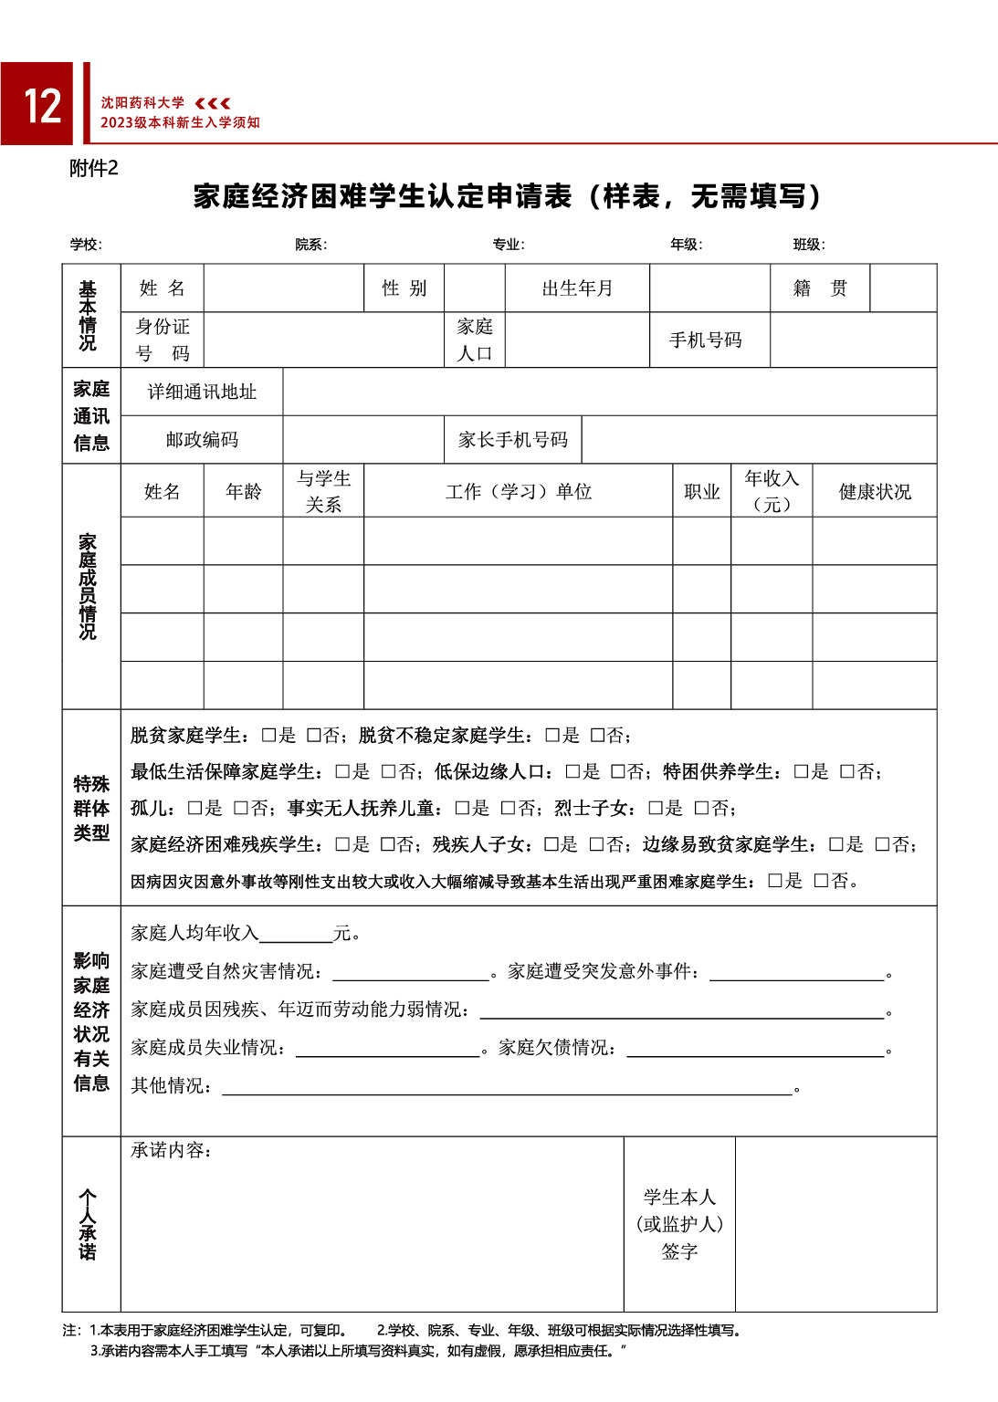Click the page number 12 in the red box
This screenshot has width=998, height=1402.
pyautogui.click(x=42, y=106)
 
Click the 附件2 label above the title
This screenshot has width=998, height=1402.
pyautogui.click(x=93, y=169)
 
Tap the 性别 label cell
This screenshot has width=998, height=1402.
pyautogui.click(x=404, y=288)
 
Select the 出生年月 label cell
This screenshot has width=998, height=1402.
pyautogui.click(x=577, y=288)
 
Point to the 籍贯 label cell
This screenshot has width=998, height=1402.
pyautogui.click(x=820, y=288)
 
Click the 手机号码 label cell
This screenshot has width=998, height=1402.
pyautogui.click(x=706, y=340)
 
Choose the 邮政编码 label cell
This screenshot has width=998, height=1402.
pyautogui.click(x=202, y=440)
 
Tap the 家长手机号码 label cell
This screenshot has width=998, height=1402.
pyautogui.click(x=513, y=440)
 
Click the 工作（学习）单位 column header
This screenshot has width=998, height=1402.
pyautogui.click(x=519, y=491)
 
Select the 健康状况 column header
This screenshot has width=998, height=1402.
pyautogui.click(x=875, y=491)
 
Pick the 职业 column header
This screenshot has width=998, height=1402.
pyautogui.click(x=702, y=491)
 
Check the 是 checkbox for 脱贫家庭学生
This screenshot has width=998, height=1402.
pyautogui.click(x=268, y=736)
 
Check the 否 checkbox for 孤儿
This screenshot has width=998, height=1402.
pyautogui.click(x=240, y=809)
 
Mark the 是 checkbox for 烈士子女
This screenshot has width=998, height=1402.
pyautogui.click(x=655, y=809)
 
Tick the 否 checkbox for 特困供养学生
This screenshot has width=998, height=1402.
pyautogui.click(x=846, y=772)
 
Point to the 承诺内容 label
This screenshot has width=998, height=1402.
pyautogui.click(x=171, y=1150)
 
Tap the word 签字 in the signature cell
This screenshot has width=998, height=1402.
pyautogui.click(x=679, y=1251)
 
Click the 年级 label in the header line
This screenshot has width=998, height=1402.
pyautogui.click(x=686, y=245)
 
